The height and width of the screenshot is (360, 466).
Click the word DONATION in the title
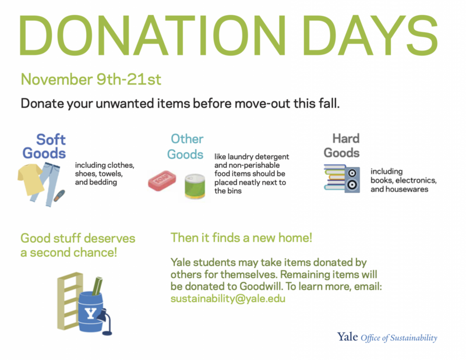pos(152,35)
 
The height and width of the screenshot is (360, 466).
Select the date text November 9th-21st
pos(91,79)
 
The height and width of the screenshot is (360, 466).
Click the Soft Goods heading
pos(44,146)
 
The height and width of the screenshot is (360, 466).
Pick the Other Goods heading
pos(185,147)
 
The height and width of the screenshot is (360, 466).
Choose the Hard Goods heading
pos(342,146)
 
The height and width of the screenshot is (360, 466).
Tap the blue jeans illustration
pos(48,185)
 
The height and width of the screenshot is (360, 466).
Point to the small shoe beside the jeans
pos(59,196)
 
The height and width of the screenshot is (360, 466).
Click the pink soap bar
pos(162,181)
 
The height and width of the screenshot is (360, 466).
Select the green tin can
pos(195,186)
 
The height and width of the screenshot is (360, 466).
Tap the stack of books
pos(334,177)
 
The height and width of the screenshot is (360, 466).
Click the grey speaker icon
pos(352,179)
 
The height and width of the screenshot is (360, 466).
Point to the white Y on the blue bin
pos(90,313)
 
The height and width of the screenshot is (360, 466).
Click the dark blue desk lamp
pos(105,322)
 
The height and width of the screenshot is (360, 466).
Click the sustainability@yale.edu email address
pos(228,298)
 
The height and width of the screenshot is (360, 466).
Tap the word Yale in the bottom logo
pos(347,337)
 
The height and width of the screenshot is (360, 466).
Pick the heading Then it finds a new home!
pos(241,238)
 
